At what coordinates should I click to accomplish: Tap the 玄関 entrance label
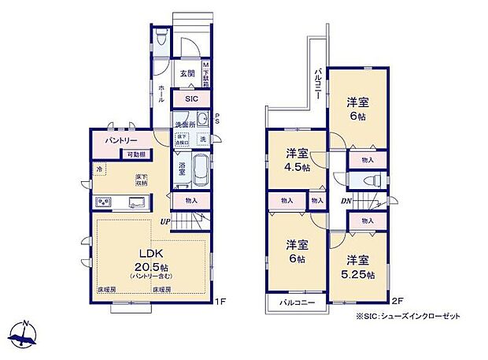(x=187, y=73)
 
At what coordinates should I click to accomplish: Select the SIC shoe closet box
(x=192, y=100)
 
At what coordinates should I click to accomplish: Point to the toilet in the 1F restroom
(x=161, y=37)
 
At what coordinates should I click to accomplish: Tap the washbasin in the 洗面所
(x=201, y=120)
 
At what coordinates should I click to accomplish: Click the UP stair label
(x=166, y=221)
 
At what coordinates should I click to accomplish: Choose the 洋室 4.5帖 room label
(x=297, y=160)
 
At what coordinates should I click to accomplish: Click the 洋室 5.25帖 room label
(x=358, y=267)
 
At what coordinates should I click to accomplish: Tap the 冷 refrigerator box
(x=100, y=169)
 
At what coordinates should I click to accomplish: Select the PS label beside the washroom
(x=217, y=121)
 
